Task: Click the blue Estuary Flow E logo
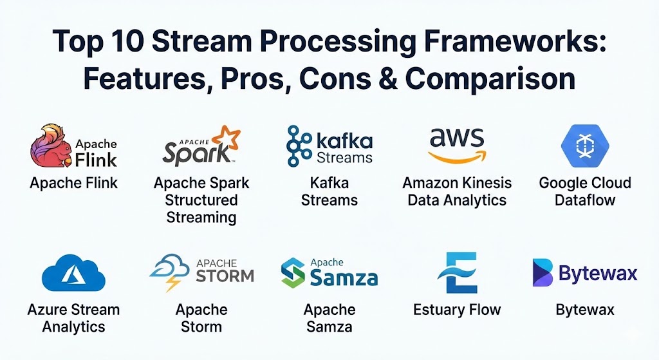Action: [x=456, y=273]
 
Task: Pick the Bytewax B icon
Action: [x=543, y=272]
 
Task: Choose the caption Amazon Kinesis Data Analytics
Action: [x=457, y=191]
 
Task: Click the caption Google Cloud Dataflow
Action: [x=585, y=191]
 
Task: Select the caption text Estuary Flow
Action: [x=457, y=310]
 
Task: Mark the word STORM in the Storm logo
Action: [x=225, y=275]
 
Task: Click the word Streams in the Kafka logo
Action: [x=345, y=157]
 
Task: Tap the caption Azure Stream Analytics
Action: [x=73, y=318]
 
